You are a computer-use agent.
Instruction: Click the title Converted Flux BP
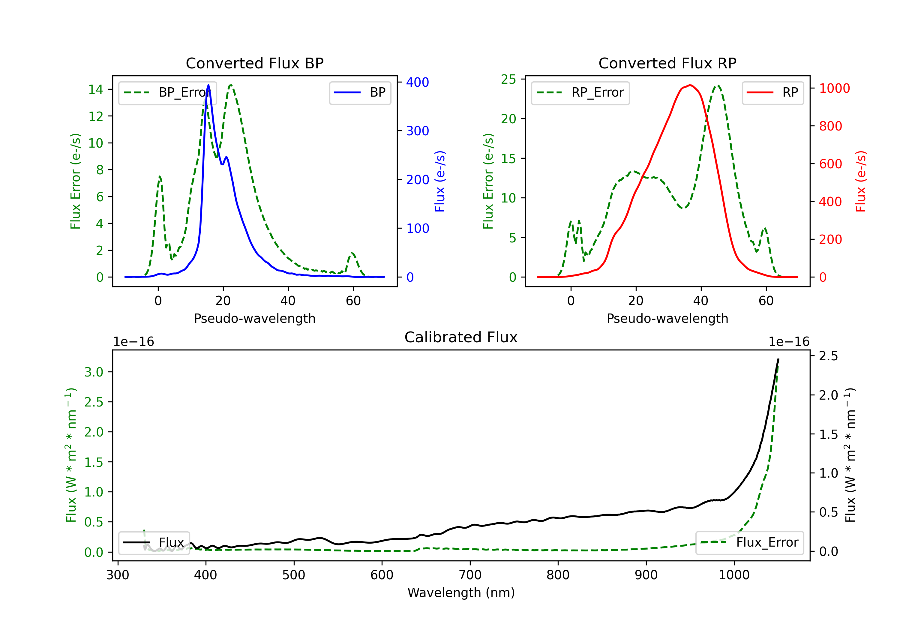click(x=254, y=63)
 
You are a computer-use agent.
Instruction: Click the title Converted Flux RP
click(x=667, y=63)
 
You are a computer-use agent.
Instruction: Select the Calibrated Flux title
click(x=461, y=337)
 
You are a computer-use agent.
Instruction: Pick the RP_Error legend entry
click(x=580, y=92)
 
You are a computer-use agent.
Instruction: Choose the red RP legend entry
click(x=772, y=92)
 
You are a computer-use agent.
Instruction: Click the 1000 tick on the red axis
click(x=834, y=88)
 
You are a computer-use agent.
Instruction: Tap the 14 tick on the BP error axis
click(x=96, y=89)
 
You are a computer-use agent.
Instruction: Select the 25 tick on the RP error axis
click(x=508, y=79)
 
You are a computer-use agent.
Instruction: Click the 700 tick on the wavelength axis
click(x=470, y=575)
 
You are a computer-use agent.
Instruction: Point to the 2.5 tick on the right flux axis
click(x=828, y=356)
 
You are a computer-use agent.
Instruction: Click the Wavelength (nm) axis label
click(x=461, y=593)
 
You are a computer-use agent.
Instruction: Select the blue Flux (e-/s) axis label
click(x=440, y=181)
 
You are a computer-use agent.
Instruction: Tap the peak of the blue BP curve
click(x=208, y=85)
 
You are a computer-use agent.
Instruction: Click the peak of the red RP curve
click(x=690, y=85)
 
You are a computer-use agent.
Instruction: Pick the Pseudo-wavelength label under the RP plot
click(x=667, y=318)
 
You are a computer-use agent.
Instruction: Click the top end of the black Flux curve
click(x=778, y=359)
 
